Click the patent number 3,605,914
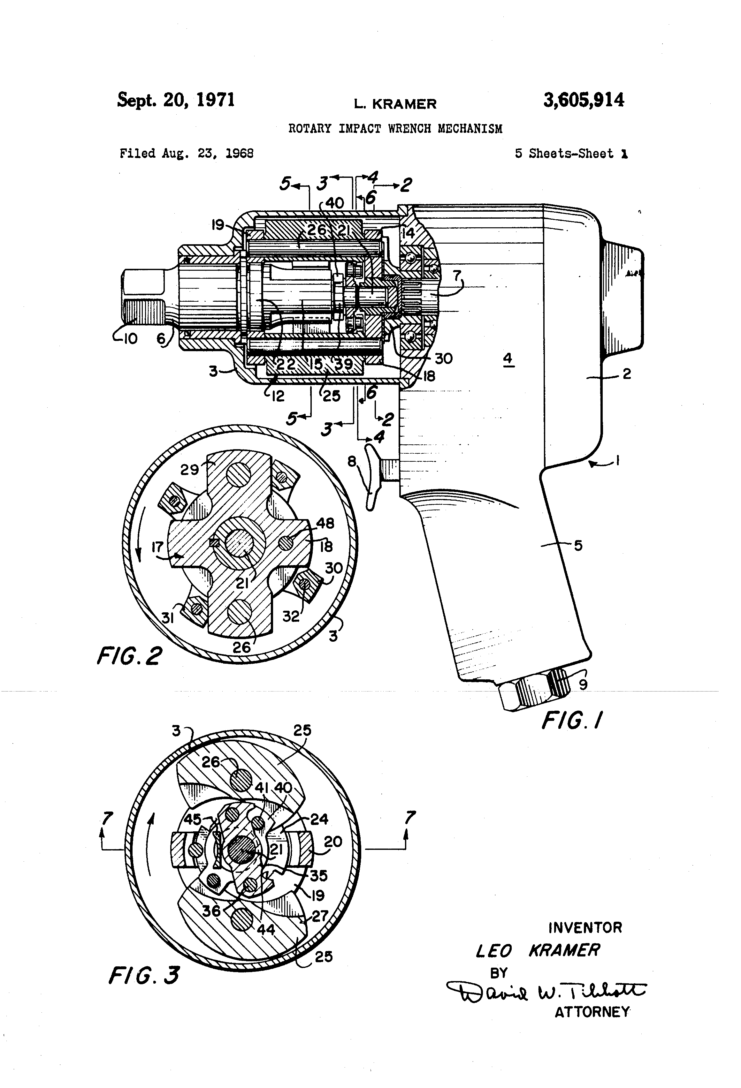pos(583,101)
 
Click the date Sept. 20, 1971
pos(176,100)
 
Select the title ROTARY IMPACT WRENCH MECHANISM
pos(395,129)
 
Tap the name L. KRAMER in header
pos(395,104)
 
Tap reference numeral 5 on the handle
pos(578,545)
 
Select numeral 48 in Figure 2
pos(325,523)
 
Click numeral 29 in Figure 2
pos(190,470)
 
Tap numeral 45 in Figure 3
pos(192,819)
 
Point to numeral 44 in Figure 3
pos(266,929)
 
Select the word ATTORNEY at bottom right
pos(592,1012)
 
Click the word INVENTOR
pos(585,927)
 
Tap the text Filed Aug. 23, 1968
pos(187,154)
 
